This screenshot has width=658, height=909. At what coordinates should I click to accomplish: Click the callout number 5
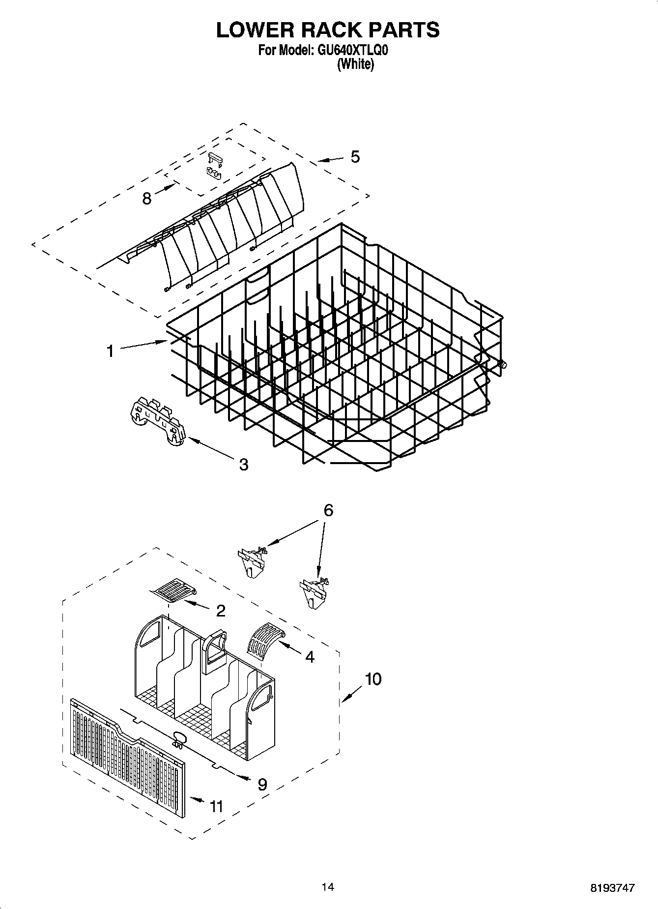(x=355, y=157)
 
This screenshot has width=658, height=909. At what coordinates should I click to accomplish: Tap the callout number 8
(x=146, y=199)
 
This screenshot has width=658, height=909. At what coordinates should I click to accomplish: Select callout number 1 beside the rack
(x=111, y=351)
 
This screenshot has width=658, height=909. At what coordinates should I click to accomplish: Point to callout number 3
(x=243, y=464)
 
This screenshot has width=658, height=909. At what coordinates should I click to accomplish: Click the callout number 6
(x=328, y=511)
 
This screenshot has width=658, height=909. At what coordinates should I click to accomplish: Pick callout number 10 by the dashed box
(x=373, y=679)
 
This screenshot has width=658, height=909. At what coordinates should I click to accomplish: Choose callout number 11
(x=216, y=806)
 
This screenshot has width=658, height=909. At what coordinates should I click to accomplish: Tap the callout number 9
(x=262, y=784)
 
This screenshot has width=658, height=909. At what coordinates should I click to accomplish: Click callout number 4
(x=310, y=657)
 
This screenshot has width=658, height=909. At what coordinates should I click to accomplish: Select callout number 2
(x=221, y=611)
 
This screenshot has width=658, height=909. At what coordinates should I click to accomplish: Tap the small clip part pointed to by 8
(x=214, y=166)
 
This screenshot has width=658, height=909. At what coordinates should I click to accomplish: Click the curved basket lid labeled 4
(x=264, y=638)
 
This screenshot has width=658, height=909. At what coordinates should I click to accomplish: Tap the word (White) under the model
(x=355, y=64)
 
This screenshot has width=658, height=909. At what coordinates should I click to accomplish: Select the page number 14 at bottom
(x=328, y=887)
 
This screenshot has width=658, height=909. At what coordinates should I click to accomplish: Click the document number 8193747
(x=612, y=888)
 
